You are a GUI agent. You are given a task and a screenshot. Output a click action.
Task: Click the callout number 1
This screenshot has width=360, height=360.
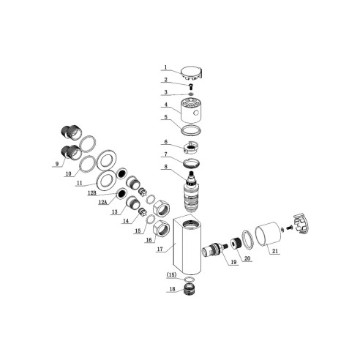tap(165, 67)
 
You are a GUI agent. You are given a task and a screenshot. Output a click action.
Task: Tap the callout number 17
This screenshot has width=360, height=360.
tap(160, 249)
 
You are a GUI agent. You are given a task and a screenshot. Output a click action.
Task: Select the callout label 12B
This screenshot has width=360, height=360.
tap(93, 192)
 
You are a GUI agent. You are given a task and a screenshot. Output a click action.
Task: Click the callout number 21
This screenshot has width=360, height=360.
tap(275, 252)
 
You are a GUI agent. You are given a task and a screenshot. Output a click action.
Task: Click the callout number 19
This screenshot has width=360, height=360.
tap(234, 262)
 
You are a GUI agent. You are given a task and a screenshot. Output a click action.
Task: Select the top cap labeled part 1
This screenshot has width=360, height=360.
tap(192, 71)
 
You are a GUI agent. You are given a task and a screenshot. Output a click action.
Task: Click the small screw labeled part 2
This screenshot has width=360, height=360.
tap(191, 85)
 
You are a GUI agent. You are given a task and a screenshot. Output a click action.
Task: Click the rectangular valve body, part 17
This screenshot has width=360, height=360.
tap(190, 241)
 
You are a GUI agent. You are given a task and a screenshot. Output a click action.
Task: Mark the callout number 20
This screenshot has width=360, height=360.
tap(247, 257)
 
